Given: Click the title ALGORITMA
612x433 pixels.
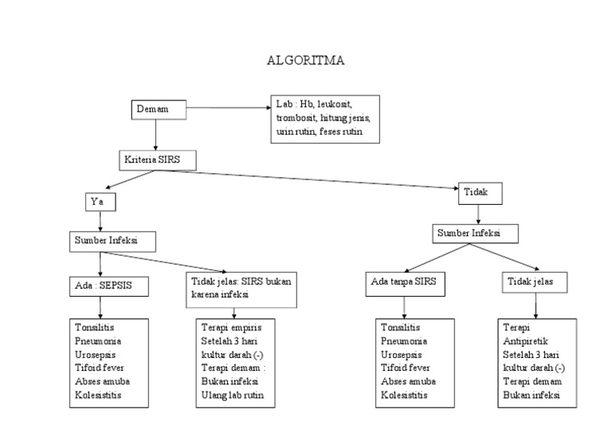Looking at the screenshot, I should pyautogui.click(x=306, y=61).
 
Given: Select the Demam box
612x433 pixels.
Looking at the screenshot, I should pyautogui.click(x=159, y=109).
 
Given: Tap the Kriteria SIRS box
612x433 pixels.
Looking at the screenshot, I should pyautogui.click(x=158, y=159).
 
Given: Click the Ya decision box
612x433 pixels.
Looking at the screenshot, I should pyautogui.click(x=100, y=202).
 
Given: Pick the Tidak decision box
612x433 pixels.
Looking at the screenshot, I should pyautogui.click(x=477, y=192).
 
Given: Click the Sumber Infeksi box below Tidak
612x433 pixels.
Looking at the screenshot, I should pyautogui.click(x=477, y=234).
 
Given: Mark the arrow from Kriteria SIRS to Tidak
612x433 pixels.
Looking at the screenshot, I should pyautogui.click(x=327, y=179).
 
